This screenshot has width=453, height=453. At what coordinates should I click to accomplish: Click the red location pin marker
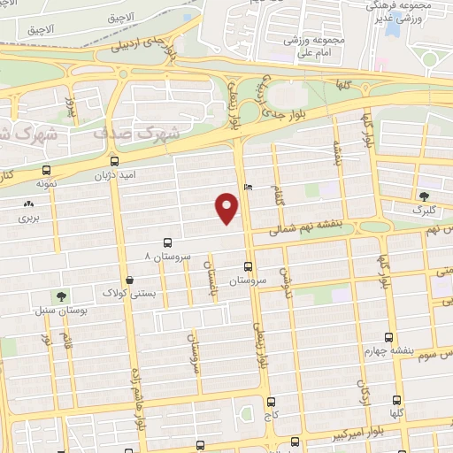pos(227,208)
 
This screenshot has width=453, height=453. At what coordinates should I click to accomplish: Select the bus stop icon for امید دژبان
pos(114,162)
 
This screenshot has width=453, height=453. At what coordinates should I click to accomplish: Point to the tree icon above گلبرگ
pos(424,196)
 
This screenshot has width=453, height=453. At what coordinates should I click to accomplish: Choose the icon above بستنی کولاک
pos(130,280)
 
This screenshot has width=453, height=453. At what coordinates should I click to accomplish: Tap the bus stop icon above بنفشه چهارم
pos(388,337)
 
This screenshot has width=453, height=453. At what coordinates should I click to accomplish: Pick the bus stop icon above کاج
pos(271,401)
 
